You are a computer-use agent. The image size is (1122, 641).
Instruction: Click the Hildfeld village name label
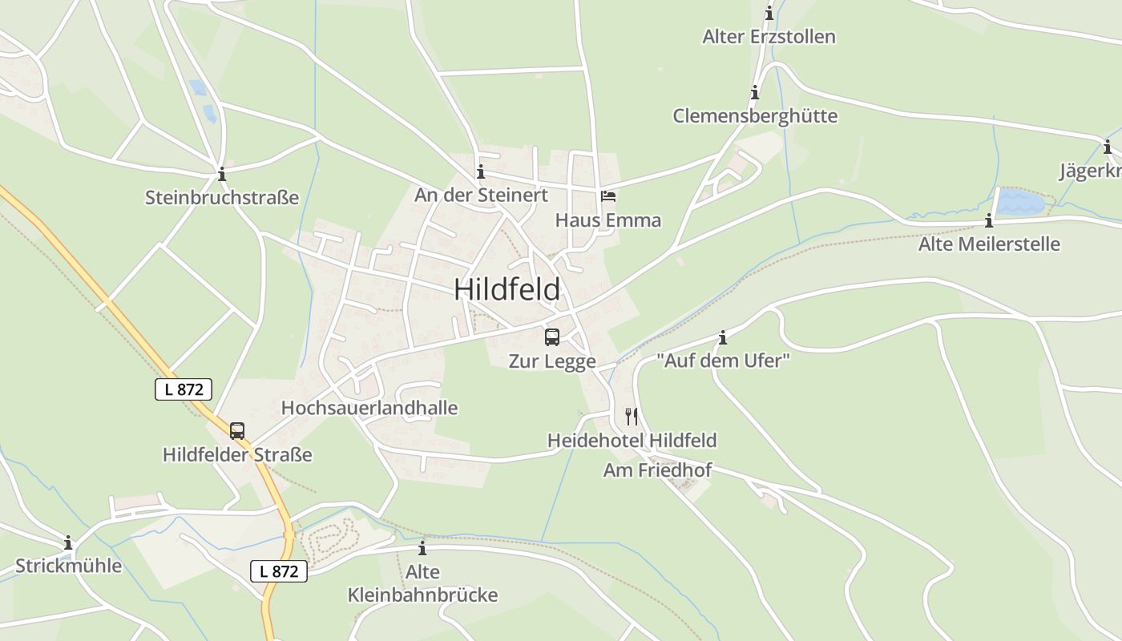pos(507,289)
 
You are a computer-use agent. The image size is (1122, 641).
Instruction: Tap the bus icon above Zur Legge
pos(551,337)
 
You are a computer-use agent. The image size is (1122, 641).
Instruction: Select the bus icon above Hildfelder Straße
pos(237,431)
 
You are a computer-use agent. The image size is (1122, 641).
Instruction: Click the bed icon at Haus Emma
pos(608,196)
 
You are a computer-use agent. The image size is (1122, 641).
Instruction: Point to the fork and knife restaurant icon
pos(632,417)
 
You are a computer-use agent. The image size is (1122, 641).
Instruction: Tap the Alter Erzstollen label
pos(769,37)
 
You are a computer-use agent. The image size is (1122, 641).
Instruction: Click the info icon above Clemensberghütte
pos(754,93)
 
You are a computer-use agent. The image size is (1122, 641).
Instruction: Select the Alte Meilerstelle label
pos(989,244)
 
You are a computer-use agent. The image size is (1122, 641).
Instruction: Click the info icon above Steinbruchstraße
pos(222,174)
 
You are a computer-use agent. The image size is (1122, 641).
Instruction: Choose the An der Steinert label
pos(481,195)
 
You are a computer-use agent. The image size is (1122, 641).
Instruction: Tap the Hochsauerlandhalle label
pos(369,408)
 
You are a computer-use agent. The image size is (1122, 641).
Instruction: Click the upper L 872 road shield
pos(184,389)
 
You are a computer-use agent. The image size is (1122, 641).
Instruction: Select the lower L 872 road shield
pos(279,570)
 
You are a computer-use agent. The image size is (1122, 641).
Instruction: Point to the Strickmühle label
pos(69,566)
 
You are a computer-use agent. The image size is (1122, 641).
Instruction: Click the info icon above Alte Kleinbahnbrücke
pos(422,549)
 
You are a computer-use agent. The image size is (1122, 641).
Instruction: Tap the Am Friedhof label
pos(657,470)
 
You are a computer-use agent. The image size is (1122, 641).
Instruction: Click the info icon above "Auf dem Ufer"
pos(723,338)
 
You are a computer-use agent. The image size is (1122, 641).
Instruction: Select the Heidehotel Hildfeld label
pos(632,441)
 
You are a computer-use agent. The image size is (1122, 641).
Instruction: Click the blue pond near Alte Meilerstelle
pos(1019,202)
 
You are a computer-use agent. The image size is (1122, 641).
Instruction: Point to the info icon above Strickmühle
pos(68,542)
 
